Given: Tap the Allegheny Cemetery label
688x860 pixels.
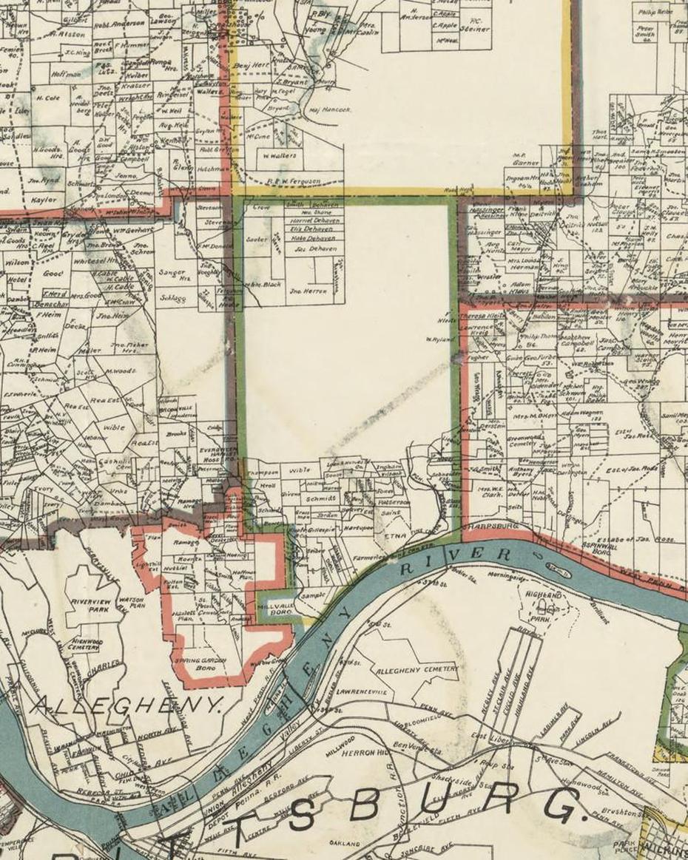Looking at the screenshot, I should pyautogui.click(x=418, y=670).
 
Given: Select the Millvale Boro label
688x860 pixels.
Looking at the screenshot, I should pyautogui.click(x=274, y=610).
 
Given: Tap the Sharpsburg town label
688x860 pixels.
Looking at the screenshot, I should pyautogui.click(x=490, y=526).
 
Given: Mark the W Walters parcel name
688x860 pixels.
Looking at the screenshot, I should pyautogui.click(x=279, y=155).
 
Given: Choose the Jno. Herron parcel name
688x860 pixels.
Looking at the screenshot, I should pyautogui.click(x=308, y=291).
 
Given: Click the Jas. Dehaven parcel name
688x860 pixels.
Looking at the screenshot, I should pyautogui.click(x=316, y=249).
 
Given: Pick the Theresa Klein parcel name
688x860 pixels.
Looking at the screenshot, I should pyautogui.click(x=482, y=315).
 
